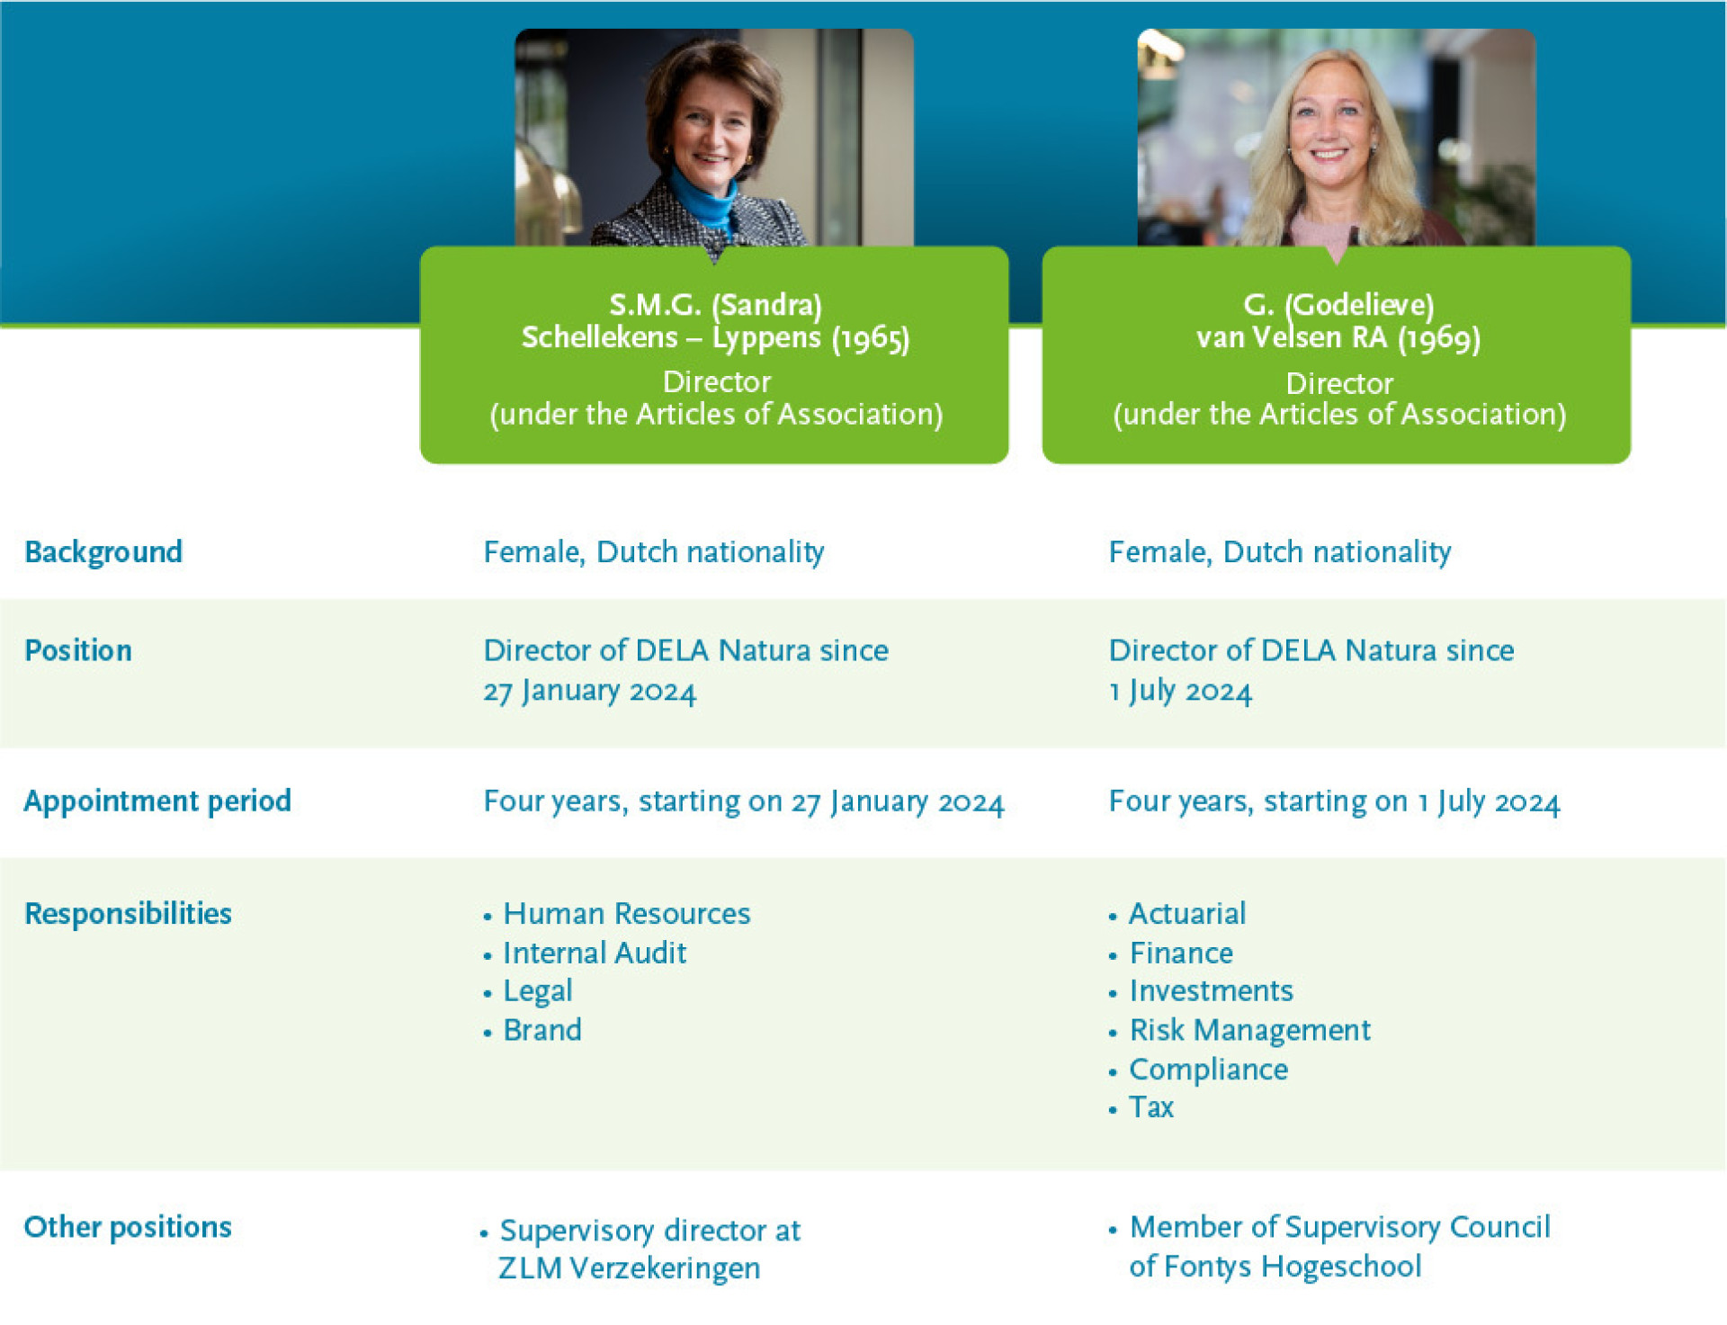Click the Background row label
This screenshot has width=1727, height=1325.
point(103,552)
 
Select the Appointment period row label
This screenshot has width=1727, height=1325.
point(157,801)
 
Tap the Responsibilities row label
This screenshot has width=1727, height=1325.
point(128,914)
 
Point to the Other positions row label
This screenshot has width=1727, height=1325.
point(128,1227)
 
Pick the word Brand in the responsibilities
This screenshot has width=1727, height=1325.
point(542,1030)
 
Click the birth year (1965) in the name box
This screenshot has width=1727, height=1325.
point(871,338)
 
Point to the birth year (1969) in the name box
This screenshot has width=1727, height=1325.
point(1439,338)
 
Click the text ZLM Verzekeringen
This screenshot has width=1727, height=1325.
point(630,1268)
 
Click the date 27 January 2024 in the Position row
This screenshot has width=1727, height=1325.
point(590,692)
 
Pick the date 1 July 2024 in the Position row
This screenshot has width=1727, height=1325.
point(1180,692)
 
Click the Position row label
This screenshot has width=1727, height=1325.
point(78,650)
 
